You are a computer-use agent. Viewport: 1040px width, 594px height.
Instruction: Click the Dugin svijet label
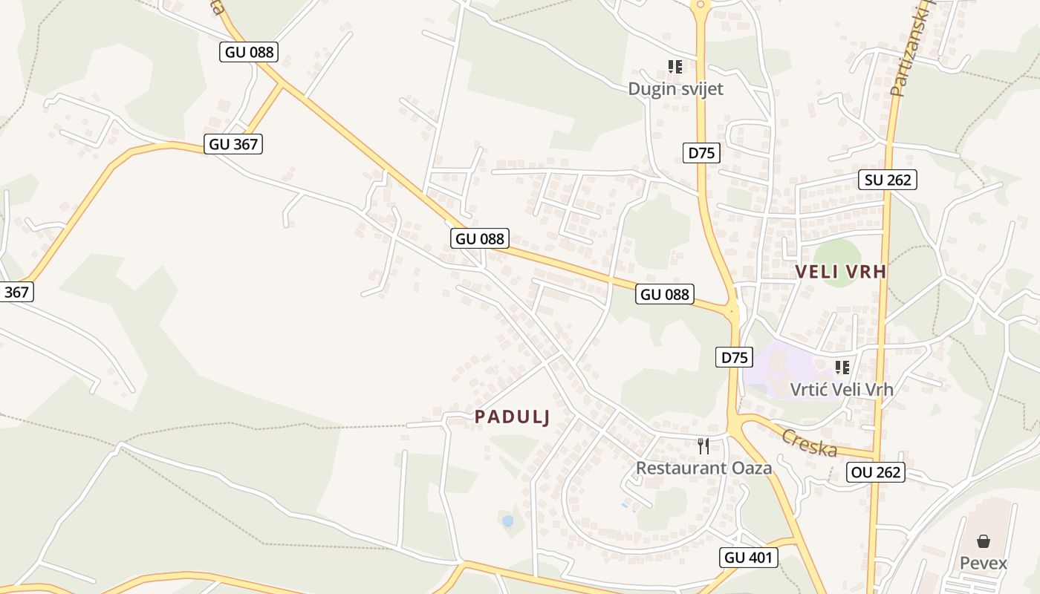click(x=675, y=89)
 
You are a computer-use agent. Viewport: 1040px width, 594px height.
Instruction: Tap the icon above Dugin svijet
click(x=675, y=67)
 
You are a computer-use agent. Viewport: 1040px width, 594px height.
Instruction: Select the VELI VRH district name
click(x=841, y=272)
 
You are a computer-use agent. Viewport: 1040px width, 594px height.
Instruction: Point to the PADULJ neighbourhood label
click(x=513, y=417)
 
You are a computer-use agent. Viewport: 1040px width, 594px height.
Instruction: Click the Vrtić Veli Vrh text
click(x=842, y=389)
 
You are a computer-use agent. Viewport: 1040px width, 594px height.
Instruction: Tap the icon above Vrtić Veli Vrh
click(x=842, y=367)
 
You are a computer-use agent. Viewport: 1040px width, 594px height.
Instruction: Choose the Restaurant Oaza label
click(x=703, y=468)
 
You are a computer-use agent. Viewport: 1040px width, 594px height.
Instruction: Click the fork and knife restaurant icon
click(x=703, y=446)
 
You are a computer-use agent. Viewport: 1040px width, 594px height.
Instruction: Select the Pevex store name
click(x=984, y=563)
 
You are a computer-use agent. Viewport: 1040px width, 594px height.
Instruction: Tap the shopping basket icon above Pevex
click(x=984, y=541)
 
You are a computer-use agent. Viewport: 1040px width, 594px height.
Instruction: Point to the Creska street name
click(x=809, y=443)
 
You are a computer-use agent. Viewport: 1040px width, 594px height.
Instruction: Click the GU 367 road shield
click(x=234, y=144)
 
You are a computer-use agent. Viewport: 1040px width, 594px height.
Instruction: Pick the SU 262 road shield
click(x=888, y=179)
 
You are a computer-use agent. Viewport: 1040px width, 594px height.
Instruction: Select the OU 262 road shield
click(x=876, y=472)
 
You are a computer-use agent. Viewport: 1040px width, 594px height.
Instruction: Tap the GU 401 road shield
click(x=749, y=558)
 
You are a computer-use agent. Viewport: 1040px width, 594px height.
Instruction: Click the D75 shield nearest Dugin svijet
click(x=701, y=153)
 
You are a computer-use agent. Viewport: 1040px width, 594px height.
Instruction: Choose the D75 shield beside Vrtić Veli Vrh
click(x=734, y=357)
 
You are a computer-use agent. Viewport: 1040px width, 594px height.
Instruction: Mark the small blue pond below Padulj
click(x=507, y=521)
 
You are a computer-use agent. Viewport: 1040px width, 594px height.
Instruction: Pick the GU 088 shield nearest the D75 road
click(x=665, y=294)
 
